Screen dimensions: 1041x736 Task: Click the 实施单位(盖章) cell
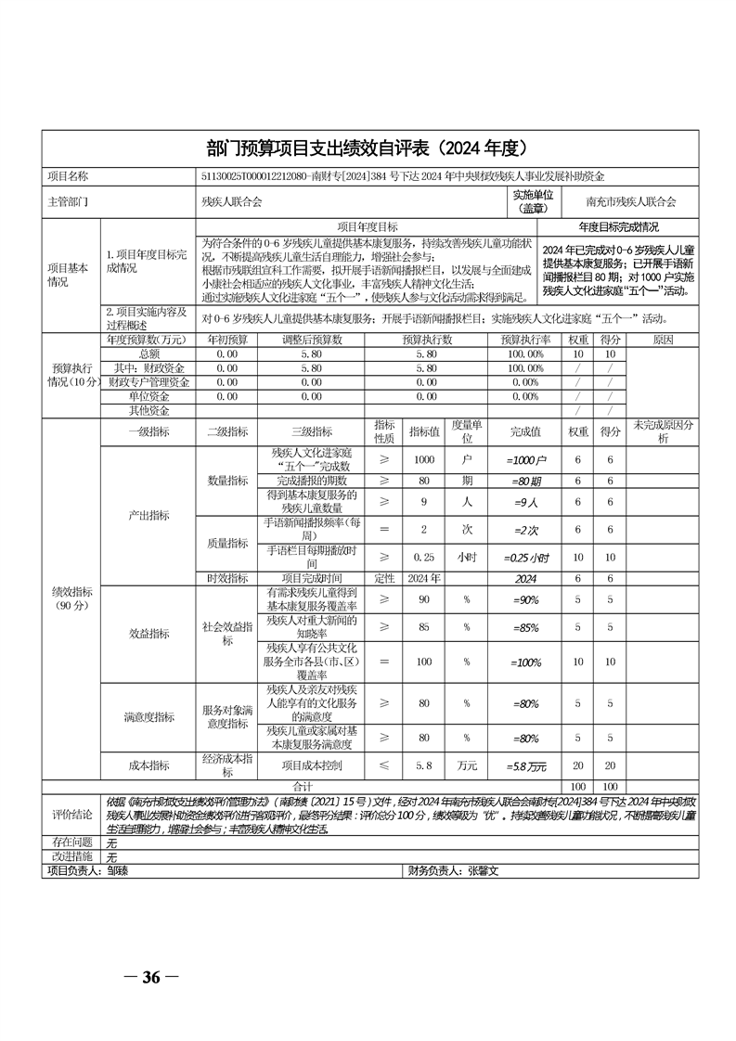(532, 200)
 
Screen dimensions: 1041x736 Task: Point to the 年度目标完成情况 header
(619, 226)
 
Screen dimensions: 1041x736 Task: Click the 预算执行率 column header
(526, 341)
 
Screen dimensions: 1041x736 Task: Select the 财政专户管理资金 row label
(148, 381)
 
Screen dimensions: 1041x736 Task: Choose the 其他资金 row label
(148, 409)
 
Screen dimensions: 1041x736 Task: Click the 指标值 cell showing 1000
(424, 459)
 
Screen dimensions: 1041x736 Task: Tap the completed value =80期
(526, 482)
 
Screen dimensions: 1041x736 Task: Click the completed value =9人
(526, 502)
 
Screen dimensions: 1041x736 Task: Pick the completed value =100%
(526, 662)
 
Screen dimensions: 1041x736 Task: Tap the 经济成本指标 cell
(226, 765)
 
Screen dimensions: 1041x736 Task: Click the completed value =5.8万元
(526, 765)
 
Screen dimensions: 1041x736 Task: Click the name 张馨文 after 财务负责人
(484, 871)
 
